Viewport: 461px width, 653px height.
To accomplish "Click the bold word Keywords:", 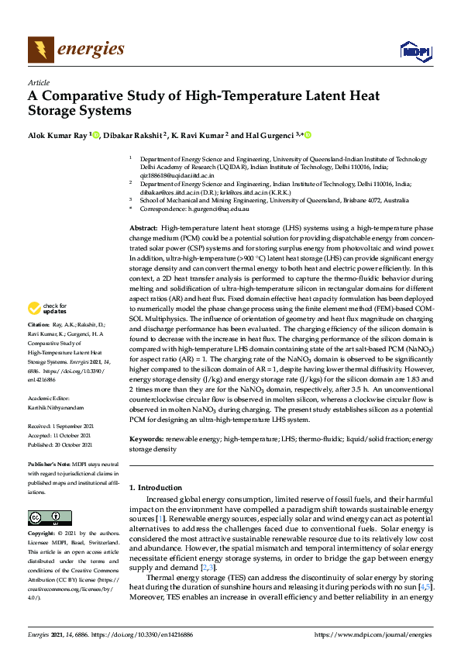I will click(x=146, y=439).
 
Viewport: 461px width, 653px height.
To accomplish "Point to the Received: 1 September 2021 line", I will click(x=61, y=426).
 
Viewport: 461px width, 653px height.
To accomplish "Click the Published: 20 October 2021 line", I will click(x=63, y=444).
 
